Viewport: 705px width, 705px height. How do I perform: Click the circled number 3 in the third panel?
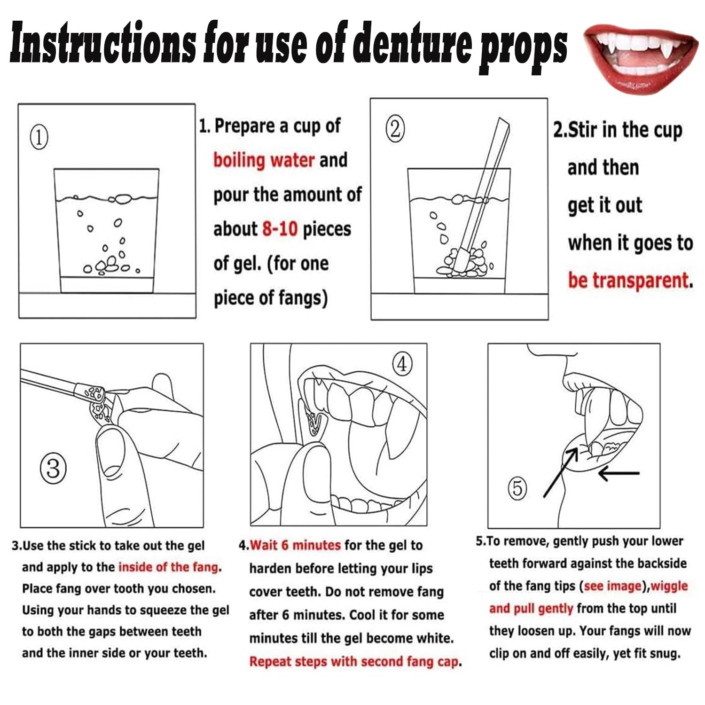pos(53,469)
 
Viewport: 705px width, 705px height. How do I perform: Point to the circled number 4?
pos(402,364)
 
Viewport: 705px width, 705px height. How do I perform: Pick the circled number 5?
pos(517,488)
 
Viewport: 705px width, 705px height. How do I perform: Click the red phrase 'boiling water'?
pos(264,160)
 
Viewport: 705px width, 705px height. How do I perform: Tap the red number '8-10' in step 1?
pos(280,229)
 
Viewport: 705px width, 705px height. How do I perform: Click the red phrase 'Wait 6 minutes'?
pos(295,545)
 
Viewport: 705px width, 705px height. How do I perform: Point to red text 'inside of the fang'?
pos(168,567)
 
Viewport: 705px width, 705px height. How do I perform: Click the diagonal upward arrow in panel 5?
pos(561,472)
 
